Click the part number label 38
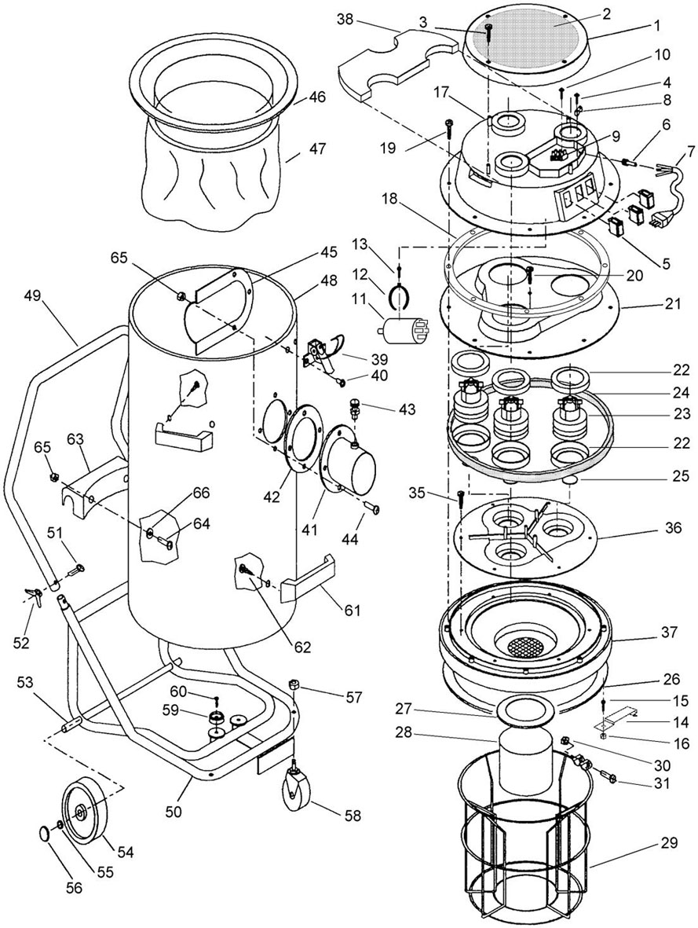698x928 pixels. coord(345,20)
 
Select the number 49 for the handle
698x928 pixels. coord(33,296)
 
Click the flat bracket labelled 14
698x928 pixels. coord(616,716)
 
